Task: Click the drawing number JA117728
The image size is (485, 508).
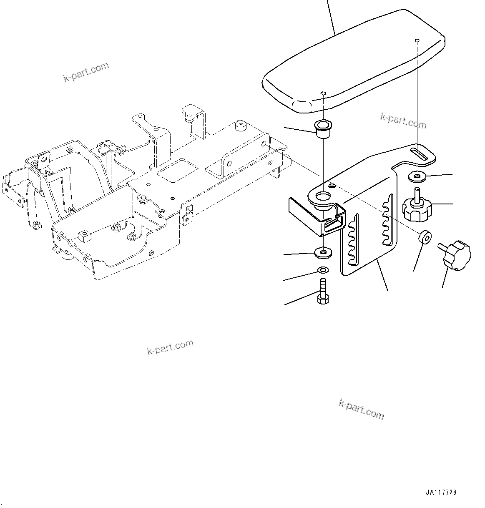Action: pos(441,492)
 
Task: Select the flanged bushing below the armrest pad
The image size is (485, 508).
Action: pos(323,129)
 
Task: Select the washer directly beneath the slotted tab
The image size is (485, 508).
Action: pos(417,177)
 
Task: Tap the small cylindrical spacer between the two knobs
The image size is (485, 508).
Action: pos(424,237)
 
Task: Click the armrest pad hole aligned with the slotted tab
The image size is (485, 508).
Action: pos(417,40)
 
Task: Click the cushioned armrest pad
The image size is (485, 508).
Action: pos(354,63)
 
